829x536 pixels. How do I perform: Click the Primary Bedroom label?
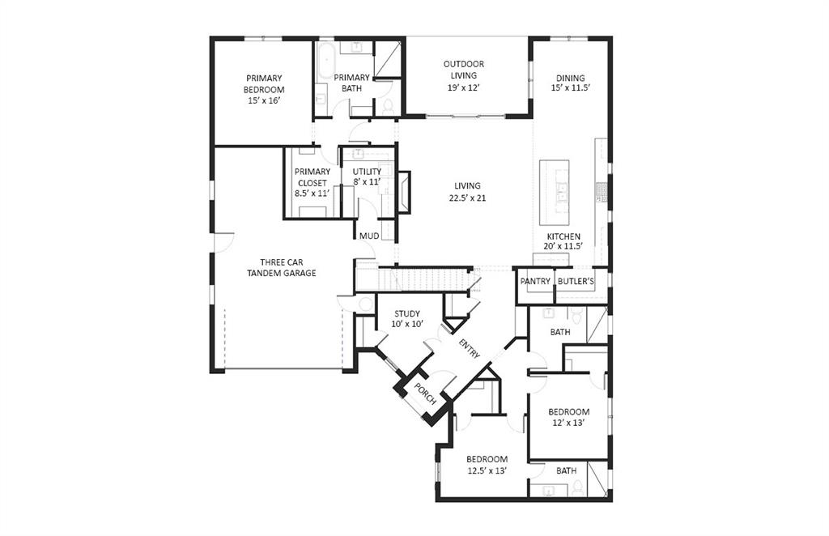coord(265,89)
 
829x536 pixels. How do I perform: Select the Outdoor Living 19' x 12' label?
coord(464,75)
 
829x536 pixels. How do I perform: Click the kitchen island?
coord(555,192)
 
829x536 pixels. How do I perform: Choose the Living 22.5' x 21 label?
coord(467,192)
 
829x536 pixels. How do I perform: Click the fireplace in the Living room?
coord(403,192)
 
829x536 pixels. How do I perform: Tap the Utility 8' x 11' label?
coord(366,177)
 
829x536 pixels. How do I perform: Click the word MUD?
coord(369,236)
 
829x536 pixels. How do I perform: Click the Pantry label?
coord(535,282)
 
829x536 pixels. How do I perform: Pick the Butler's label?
coord(576,282)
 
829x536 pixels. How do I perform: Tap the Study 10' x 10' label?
coord(407,318)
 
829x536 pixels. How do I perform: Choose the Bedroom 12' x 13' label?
coord(568,417)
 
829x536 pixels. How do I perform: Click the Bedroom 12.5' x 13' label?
coord(487,465)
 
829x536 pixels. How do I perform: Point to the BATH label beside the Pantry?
coord(560,332)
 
